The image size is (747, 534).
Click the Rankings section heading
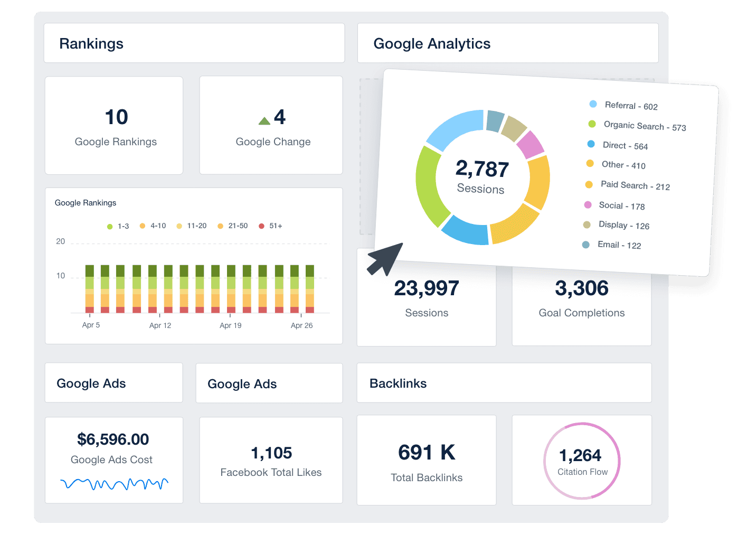pyautogui.click(x=91, y=44)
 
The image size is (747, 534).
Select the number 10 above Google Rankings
pyautogui.click(x=116, y=117)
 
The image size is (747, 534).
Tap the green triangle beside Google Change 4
pyautogui.click(x=264, y=121)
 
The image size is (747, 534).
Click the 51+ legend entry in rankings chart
pyautogui.click(x=271, y=226)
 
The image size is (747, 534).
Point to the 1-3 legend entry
pyautogui.click(x=118, y=226)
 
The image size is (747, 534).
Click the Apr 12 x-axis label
pyautogui.click(x=160, y=325)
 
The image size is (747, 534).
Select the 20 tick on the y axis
pyautogui.click(x=61, y=241)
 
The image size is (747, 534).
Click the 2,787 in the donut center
pyautogui.click(x=482, y=169)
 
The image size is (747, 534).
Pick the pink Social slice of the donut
pyautogui.click(x=530, y=144)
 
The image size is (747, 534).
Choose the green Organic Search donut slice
pyautogui.click(x=430, y=185)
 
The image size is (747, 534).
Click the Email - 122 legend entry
pyautogui.click(x=612, y=245)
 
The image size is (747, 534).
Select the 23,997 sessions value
pyautogui.click(x=427, y=288)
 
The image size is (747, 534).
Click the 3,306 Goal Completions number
pyautogui.click(x=582, y=288)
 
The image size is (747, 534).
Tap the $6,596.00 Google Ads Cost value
pyautogui.click(x=113, y=439)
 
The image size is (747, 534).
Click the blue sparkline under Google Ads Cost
pyautogui.click(x=114, y=483)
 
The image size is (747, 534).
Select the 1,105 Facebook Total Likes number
pyautogui.click(x=271, y=453)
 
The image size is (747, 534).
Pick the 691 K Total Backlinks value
pyautogui.click(x=427, y=453)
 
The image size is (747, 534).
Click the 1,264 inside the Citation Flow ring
pyautogui.click(x=580, y=455)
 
